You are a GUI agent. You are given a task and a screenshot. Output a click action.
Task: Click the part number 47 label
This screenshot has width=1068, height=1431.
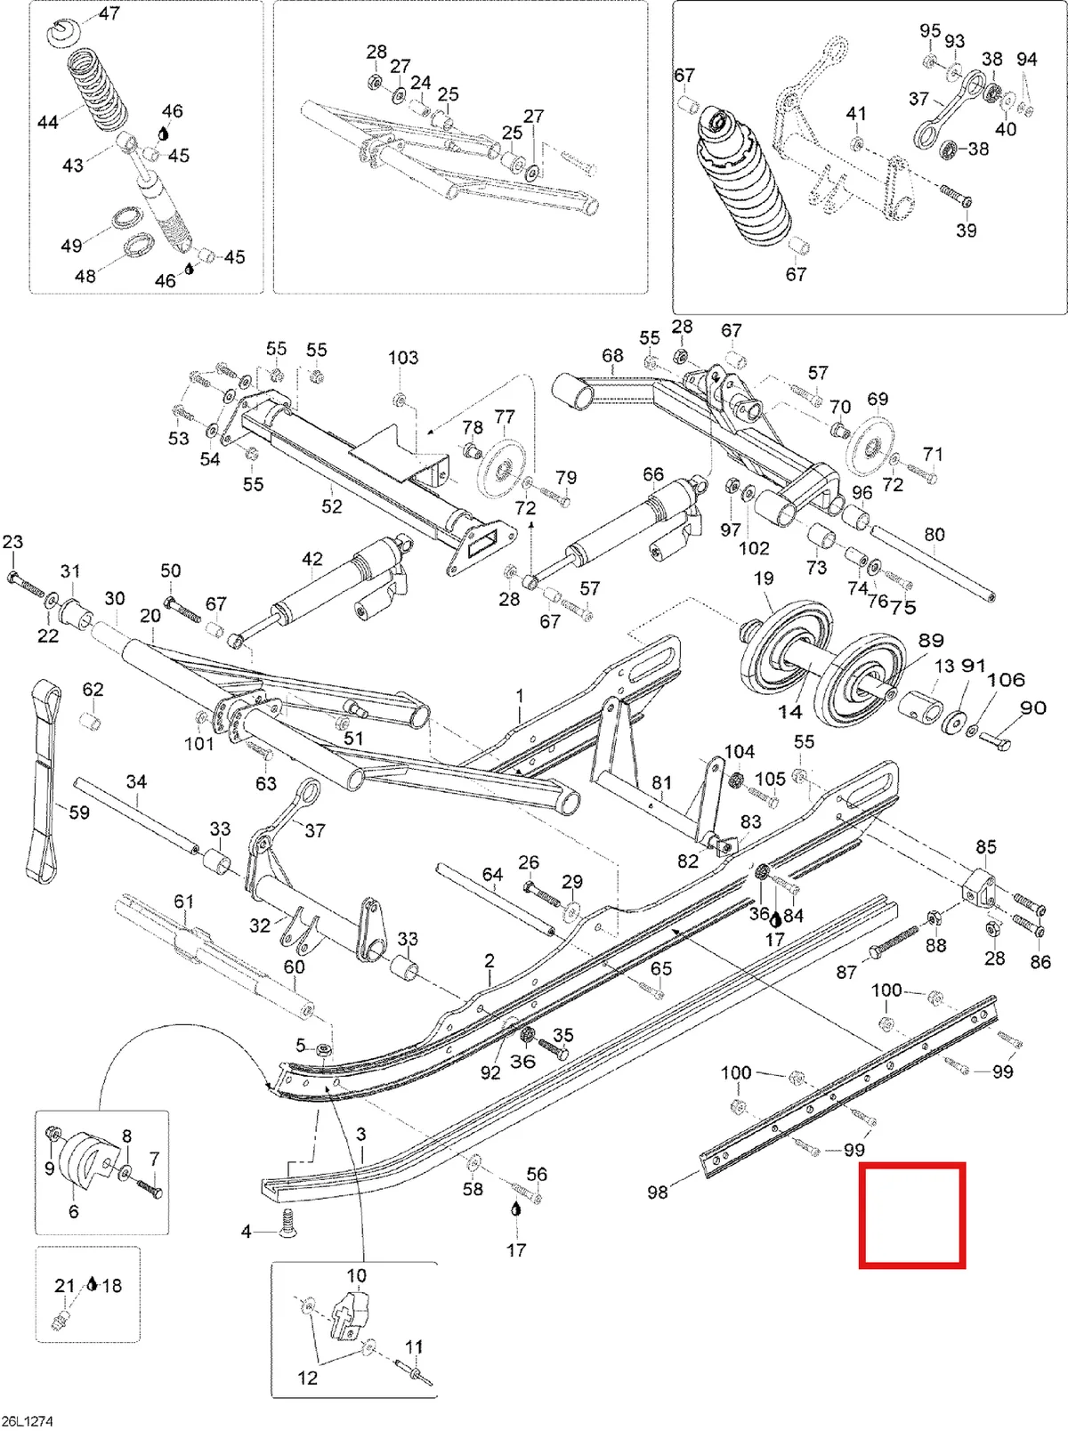tap(109, 13)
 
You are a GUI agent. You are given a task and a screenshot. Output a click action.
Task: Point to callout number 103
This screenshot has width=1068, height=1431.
tap(403, 357)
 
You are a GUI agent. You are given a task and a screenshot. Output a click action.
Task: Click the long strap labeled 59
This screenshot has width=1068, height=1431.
tap(44, 782)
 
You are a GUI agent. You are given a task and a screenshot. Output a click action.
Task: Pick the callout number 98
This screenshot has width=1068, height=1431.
tap(657, 1192)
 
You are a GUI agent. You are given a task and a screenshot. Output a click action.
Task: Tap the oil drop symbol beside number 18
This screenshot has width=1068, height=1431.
tap(92, 1283)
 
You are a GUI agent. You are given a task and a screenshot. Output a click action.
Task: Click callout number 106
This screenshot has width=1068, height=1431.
tap(1006, 680)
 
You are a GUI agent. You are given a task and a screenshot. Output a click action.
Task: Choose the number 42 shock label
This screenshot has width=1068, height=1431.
tap(311, 559)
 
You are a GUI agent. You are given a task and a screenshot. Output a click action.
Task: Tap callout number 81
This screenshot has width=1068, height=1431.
tap(661, 781)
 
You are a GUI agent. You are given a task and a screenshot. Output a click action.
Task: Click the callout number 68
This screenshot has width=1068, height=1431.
tap(612, 356)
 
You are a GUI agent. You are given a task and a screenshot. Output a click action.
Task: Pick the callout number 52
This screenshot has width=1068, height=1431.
tap(331, 505)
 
